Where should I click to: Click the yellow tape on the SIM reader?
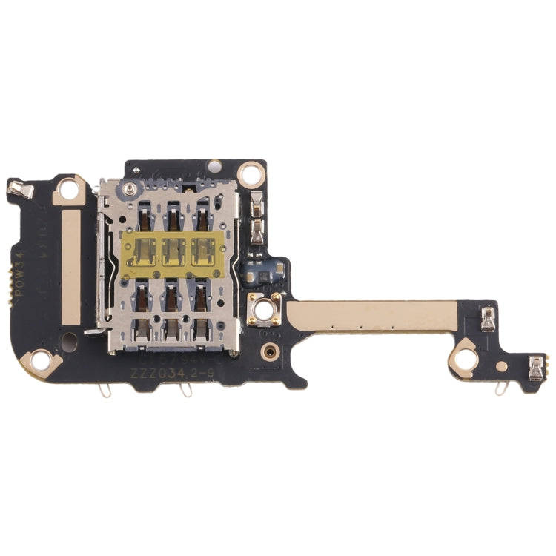[x=173, y=251]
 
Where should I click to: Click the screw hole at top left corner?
[x=70, y=190]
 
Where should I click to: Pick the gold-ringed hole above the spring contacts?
[x=253, y=173]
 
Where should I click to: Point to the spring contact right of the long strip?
[x=488, y=320]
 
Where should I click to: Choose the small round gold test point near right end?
[x=502, y=366]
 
